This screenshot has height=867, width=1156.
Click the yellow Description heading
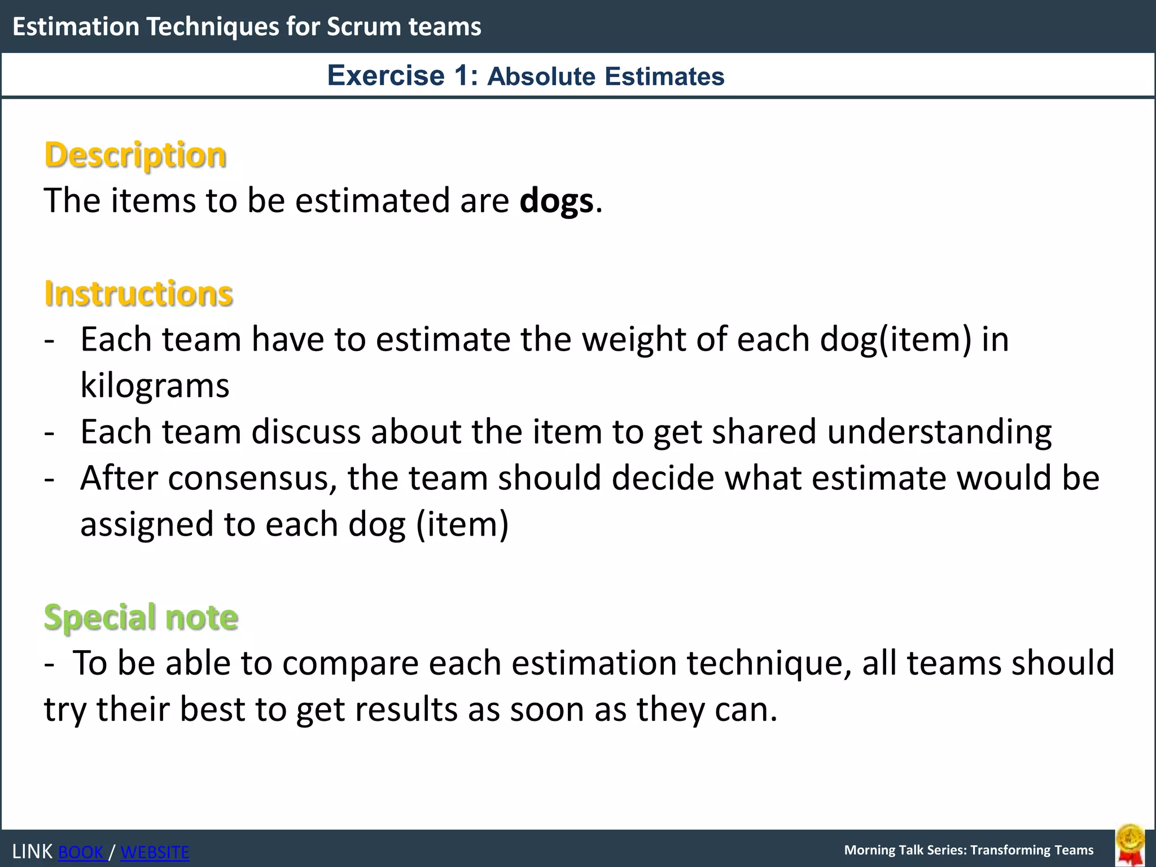pos(135,155)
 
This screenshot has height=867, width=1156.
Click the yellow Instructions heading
pos(138,294)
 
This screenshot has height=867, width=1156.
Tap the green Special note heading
pos(141,617)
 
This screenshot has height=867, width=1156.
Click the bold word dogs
pos(557,201)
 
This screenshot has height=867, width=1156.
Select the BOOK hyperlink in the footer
pos(82,852)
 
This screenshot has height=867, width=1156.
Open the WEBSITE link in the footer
pos(155,852)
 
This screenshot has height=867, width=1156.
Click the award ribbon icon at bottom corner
pos(1129,844)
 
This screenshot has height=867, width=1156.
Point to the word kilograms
pos(155,386)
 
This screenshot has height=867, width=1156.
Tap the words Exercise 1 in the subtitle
pos(402,76)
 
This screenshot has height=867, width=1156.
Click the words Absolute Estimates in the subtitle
pos(606,77)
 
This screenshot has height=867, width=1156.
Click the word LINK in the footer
pos(32,852)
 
